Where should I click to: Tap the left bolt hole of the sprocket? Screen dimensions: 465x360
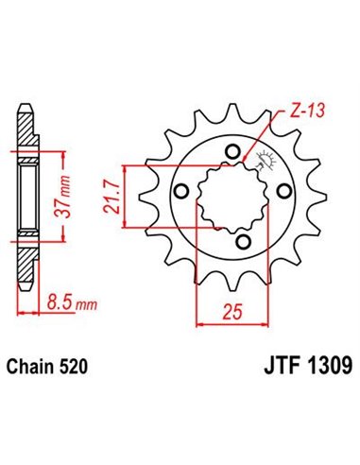[180, 194]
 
